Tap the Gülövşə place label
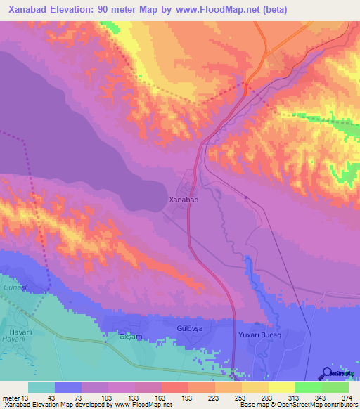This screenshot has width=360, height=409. tap(190, 328)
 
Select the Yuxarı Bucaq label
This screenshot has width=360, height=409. tap(259, 335)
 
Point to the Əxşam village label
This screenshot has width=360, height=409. tap(121, 337)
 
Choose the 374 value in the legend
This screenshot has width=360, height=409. tap(347, 398)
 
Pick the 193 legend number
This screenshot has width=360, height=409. tap(188, 398)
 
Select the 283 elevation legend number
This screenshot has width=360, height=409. tap(267, 398)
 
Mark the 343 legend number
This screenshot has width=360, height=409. tap(320, 398)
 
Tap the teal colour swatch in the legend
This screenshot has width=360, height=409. tap(41, 387)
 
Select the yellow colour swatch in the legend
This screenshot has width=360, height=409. tap(281, 387)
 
